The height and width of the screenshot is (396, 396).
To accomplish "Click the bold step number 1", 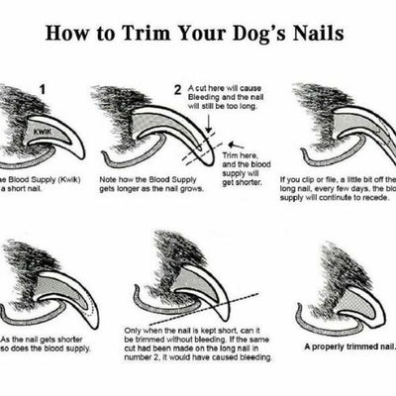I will [43, 89].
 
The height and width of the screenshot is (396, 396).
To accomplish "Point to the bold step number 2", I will [176, 90].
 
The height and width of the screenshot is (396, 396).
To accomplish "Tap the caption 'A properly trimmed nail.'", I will [349, 346].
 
